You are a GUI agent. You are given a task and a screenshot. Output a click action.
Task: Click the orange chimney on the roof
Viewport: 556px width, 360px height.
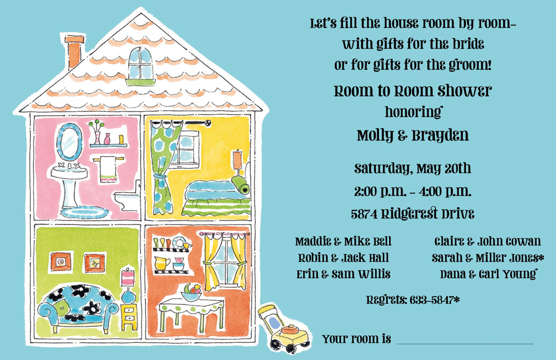[x=74, y=52]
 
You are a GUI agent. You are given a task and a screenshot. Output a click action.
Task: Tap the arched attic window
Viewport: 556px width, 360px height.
[x=141, y=66]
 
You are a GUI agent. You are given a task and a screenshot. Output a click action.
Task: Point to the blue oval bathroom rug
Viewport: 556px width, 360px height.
[x=84, y=212]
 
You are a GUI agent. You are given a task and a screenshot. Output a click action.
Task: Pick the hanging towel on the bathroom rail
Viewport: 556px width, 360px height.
[x=108, y=170]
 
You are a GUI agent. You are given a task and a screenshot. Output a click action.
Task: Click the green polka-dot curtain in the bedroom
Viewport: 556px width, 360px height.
[x=165, y=167]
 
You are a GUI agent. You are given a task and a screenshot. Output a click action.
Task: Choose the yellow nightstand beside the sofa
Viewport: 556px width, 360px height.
[x=129, y=317]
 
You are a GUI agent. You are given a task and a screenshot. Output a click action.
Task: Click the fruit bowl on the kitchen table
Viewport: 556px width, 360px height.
[x=192, y=292]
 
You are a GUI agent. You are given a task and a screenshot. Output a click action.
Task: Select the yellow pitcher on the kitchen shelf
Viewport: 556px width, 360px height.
[x=162, y=263]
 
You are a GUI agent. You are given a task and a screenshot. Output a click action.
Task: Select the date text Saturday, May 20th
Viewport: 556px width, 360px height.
[x=412, y=168]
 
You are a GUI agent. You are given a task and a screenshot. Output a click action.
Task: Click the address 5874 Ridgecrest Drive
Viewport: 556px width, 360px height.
[x=412, y=214]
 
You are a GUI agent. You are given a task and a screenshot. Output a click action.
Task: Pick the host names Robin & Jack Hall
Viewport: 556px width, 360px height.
[x=343, y=258]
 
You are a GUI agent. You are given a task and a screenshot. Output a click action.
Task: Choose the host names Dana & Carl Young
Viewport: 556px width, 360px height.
[x=488, y=274]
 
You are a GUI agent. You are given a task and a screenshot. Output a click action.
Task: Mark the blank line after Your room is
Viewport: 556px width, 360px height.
[x=465, y=344]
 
